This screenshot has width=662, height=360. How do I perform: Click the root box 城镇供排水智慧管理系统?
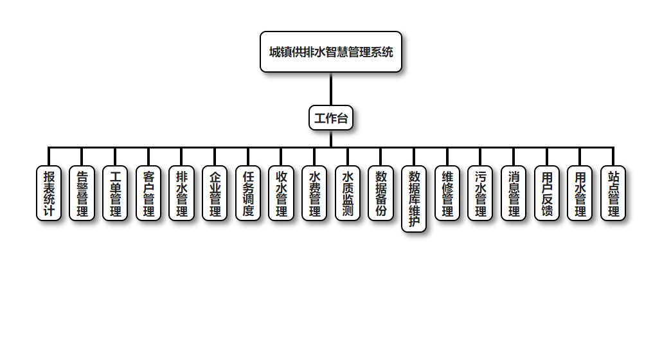click(331, 52)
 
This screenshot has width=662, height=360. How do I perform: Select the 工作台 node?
click(331, 118)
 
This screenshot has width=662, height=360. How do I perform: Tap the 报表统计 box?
click(49, 194)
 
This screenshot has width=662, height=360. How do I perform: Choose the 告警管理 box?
click(82, 194)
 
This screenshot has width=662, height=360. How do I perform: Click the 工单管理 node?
click(116, 194)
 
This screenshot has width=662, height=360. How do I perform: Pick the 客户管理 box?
click(148, 194)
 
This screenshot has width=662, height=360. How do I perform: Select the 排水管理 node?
click(182, 194)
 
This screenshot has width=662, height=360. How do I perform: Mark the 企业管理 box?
click(215, 194)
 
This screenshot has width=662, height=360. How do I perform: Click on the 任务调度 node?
click(248, 194)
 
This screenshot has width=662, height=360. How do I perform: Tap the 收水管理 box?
click(282, 194)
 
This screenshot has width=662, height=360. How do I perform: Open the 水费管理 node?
click(315, 194)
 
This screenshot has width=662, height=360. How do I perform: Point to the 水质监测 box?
click(348, 194)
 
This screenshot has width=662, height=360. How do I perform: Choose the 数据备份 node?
click(381, 194)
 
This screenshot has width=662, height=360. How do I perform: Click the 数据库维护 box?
click(415, 199)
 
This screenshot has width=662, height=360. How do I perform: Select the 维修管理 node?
click(447, 194)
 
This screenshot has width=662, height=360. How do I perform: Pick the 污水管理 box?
click(481, 194)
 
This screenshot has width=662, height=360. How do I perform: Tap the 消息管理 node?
click(514, 194)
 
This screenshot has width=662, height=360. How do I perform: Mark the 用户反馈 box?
click(547, 194)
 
